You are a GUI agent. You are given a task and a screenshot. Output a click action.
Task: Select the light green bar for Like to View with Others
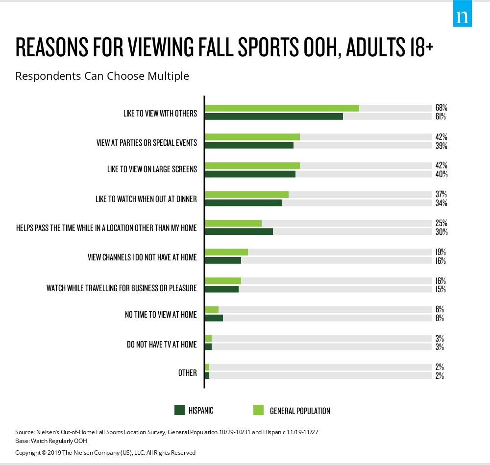point(282,108)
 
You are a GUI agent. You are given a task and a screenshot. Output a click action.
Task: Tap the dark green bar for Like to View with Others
point(273,116)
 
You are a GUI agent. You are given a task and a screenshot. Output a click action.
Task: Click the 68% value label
point(441,108)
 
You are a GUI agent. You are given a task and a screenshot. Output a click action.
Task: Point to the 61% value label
point(441,117)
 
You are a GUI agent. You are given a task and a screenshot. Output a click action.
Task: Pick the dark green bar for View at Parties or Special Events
point(249,145)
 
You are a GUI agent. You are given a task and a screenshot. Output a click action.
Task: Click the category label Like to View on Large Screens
point(152,169)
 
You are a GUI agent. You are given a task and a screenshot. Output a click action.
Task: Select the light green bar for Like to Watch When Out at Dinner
point(246,194)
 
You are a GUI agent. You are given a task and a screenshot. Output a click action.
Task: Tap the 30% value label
point(441,232)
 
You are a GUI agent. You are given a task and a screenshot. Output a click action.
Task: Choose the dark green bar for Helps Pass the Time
point(239,232)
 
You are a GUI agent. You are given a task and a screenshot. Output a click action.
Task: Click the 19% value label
point(441,252)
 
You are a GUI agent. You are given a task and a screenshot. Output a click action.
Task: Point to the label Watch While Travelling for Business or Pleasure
point(122,288)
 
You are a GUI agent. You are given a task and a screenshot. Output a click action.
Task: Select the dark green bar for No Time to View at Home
point(214,318)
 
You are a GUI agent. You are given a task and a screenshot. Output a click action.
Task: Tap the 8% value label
point(440,318)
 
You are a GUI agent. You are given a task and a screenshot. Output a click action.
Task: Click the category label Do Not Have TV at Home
point(162,344)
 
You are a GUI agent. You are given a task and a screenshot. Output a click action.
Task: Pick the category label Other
point(187,373)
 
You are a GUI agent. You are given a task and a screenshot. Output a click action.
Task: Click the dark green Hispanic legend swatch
point(179,410)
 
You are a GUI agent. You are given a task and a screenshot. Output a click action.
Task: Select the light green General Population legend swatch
point(259,410)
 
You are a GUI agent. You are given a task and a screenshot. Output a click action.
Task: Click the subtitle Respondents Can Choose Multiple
point(102,76)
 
